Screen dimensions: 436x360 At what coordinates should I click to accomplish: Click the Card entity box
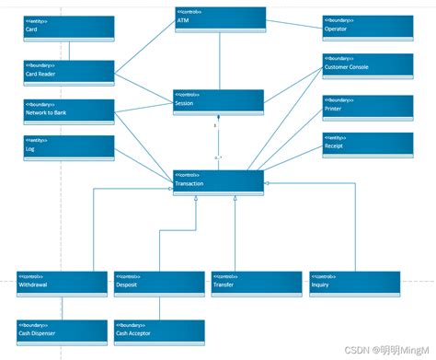pos(69,27)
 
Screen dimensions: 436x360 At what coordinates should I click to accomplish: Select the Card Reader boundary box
pos(69,72)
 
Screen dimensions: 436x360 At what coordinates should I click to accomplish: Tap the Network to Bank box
pos(69,110)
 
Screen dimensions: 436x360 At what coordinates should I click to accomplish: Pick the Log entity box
pos(69,145)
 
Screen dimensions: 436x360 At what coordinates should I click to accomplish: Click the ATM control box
pos(220,18)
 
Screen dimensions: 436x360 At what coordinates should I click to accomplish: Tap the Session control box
pos(219,100)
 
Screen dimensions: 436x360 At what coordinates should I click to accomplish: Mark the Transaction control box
pos(219,181)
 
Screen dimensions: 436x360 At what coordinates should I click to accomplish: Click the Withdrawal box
pos(63,284)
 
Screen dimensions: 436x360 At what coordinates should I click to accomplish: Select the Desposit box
pos(159,284)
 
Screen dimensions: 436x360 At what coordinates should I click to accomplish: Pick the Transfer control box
pos(257,284)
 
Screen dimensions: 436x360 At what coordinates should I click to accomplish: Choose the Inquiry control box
pos(354,284)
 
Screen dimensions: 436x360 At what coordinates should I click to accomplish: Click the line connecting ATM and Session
pos(219,60)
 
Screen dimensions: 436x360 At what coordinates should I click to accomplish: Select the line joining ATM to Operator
pos(294,23)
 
